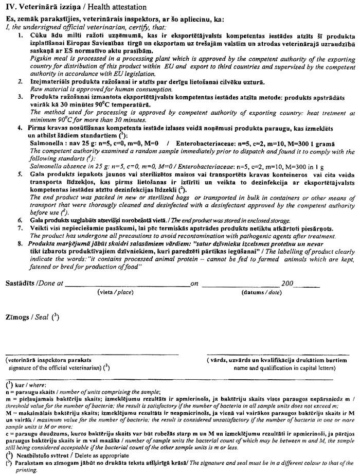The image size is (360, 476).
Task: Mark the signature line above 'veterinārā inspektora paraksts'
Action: pyautogui.click(x=93, y=354)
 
